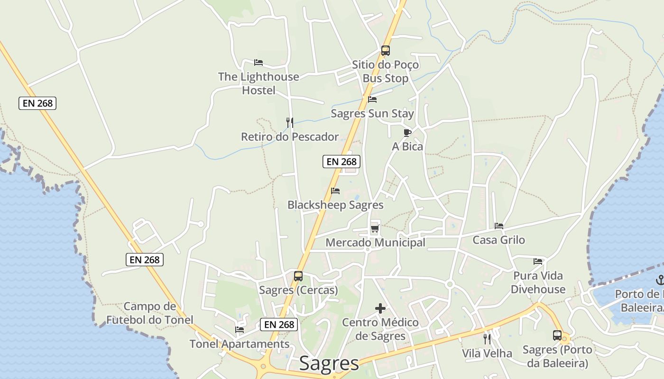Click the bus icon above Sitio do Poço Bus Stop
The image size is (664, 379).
click(386, 50)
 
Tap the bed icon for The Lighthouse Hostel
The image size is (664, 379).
click(258, 63)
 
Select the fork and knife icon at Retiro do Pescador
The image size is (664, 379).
click(290, 123)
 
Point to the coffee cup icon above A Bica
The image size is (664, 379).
click(407, 133)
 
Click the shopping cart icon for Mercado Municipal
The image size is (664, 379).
click(375, 229)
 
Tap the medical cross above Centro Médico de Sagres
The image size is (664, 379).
click(380, 308)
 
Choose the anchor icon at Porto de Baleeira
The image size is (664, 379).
click(660, 280)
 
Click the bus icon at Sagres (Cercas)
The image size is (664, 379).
click(298, 276)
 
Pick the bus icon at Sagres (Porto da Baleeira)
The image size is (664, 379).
click(557, 335)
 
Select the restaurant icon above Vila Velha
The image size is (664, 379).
click(487, 339)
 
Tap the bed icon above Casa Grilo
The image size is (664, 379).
click(499, 226)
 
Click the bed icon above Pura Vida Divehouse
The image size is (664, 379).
click(538, 261)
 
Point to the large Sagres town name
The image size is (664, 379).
click(329, 363)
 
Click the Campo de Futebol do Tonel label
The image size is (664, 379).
click(150, 313)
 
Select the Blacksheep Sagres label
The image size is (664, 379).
click(335, 205)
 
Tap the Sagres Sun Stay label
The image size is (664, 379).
click(372, 114)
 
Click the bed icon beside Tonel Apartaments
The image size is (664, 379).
click(240, 330)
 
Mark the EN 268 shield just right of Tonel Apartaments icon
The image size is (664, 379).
click(279, 325)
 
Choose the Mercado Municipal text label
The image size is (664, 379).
click(375, 243)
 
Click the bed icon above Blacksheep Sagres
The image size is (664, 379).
click(335, 191)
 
